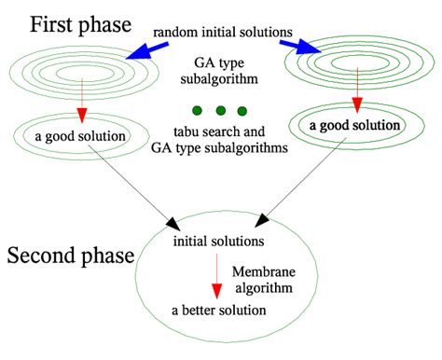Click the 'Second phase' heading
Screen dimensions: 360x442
click(x=74, y=255)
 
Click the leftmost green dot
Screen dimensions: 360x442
click(x=197, y=111)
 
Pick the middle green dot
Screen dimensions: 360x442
click(x=219, y=111)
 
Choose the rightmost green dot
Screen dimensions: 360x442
click(x=242, y=111)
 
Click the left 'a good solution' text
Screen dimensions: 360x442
click(x=79, y=137)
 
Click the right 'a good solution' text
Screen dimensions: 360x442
click(x=354, y=125)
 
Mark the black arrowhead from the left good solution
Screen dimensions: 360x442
click(x=174, y=226)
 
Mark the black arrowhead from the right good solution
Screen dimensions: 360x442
click(x=264, y=221)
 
